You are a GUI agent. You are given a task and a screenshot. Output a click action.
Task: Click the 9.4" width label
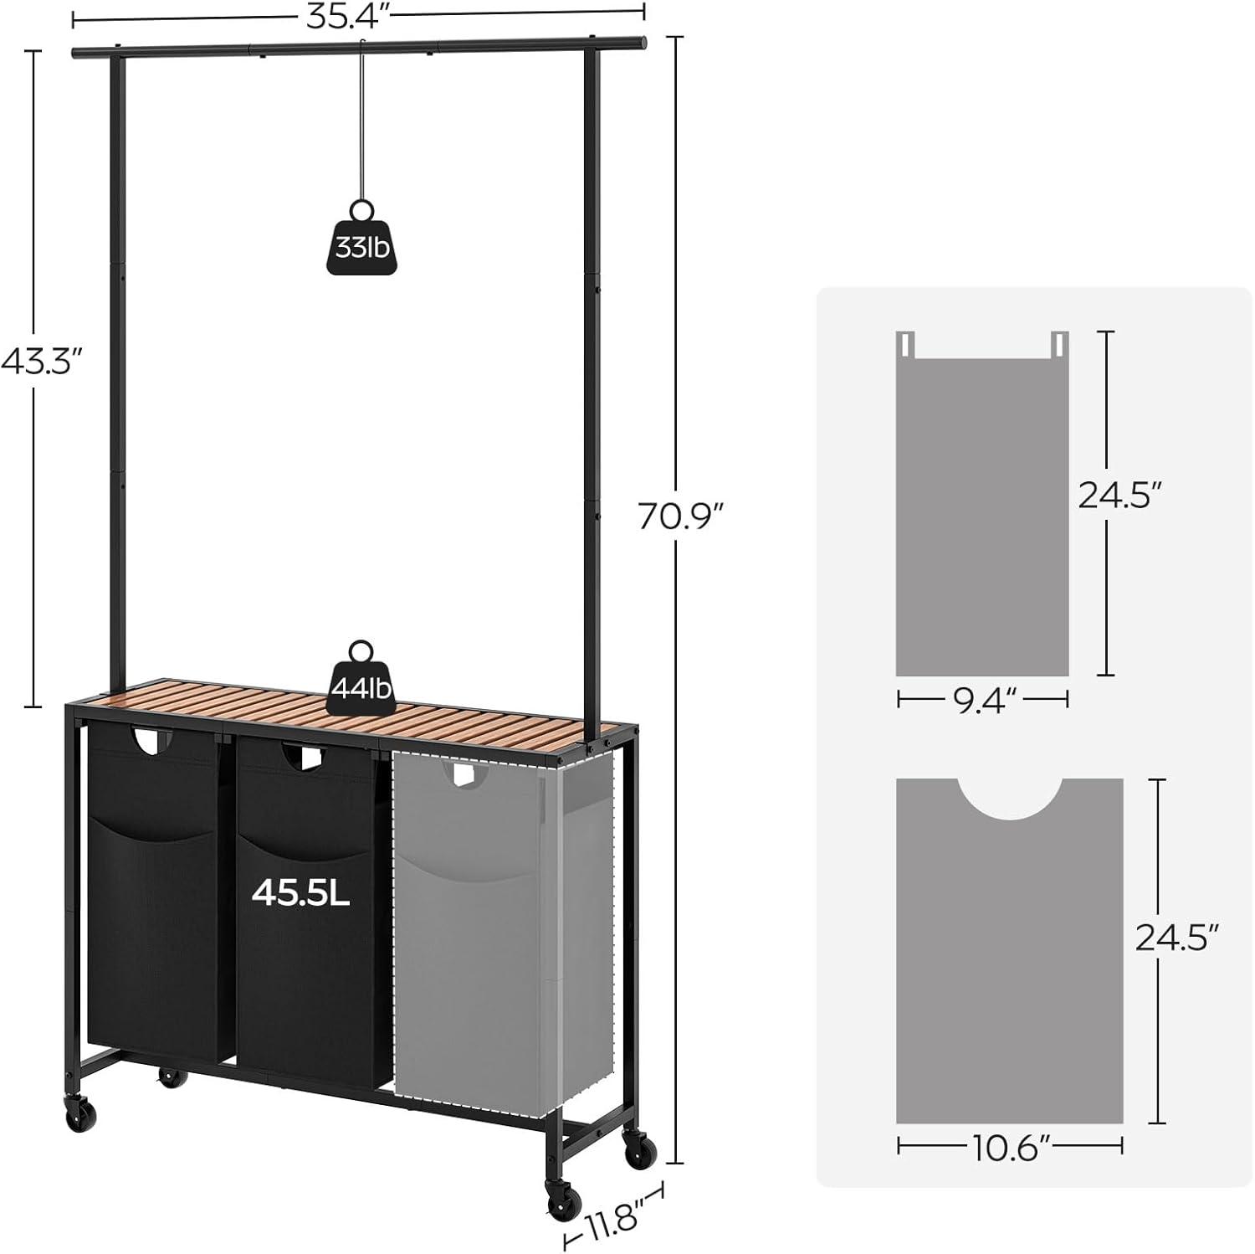(983, 700)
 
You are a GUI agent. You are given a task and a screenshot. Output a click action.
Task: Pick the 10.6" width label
(1009, 1146)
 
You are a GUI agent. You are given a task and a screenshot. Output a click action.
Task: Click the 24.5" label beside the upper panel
(1119, 496)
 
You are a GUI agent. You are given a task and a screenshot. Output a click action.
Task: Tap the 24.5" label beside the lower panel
(1176, 937)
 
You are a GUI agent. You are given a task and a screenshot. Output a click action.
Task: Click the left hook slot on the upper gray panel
(906, 342)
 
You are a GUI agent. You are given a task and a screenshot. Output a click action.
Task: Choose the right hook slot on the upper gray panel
(1061, 342)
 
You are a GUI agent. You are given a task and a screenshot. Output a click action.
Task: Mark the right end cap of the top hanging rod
(643, 40)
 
